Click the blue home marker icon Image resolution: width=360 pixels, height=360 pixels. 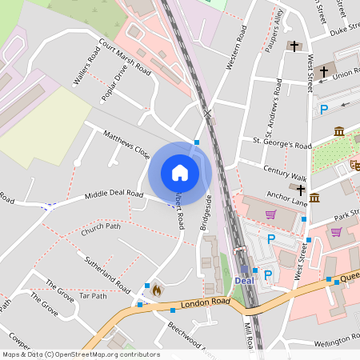tap(180, 173)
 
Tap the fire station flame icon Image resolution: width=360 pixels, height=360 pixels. tap(157, 290)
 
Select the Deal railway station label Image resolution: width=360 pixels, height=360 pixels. tap(246, 280)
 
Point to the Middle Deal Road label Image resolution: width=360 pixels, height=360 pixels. tap(115, 194)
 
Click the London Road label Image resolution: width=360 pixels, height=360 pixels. tap(206, 302)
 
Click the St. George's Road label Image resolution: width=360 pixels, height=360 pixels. tap(282, 145)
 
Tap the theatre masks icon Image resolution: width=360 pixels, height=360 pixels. tap(354, 164)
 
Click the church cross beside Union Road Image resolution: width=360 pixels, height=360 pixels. tap(324, 71)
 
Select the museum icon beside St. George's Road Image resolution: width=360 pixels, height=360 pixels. tap(339, 131)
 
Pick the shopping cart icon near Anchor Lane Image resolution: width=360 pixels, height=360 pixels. tap(270, 214)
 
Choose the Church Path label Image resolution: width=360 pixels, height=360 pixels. tap(101, 231)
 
